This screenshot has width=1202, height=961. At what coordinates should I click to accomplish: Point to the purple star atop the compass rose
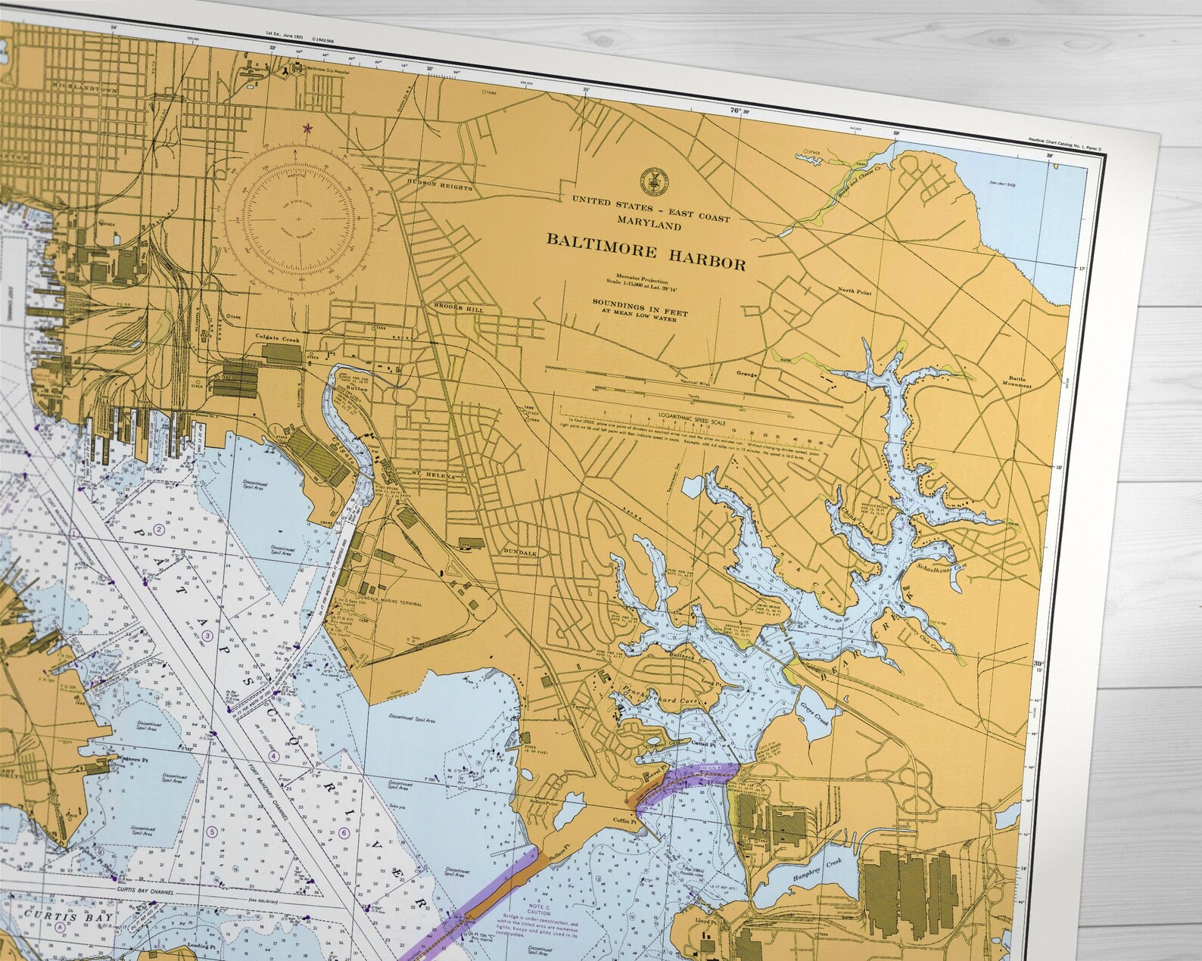coord(307,128)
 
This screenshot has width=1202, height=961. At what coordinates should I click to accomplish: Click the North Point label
coord(855,290)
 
